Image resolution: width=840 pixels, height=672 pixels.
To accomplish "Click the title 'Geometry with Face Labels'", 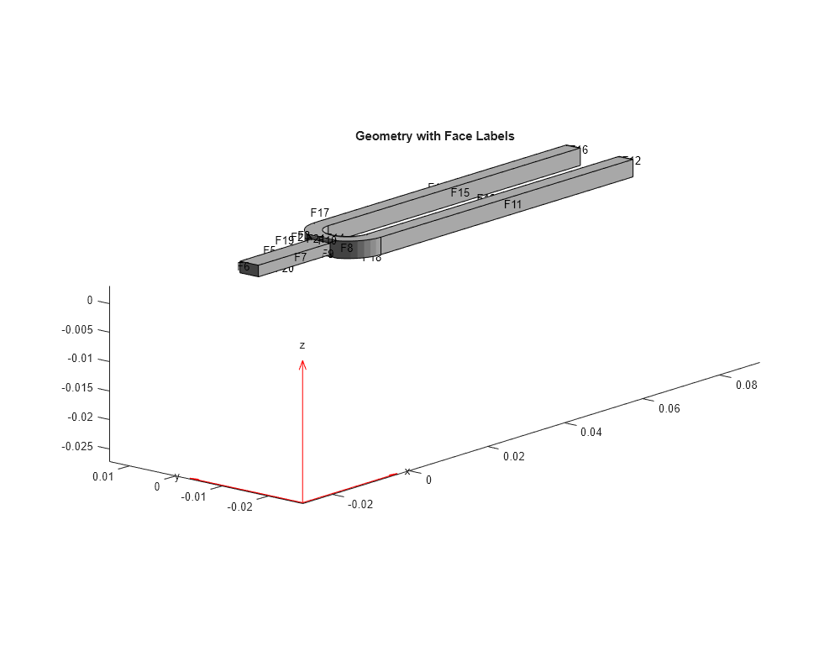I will tap(434, 135).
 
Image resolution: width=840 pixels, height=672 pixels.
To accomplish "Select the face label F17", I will tap(320, 213).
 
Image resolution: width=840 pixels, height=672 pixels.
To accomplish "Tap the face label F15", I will tap(459, 192).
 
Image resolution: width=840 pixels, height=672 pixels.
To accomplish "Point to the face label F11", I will tap(512, 204).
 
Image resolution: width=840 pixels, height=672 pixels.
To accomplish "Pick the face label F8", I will tap(347, 248).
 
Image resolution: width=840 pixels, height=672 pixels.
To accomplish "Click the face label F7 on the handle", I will tap(300, 257).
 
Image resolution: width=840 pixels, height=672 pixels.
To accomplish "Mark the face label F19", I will tap(284, 240).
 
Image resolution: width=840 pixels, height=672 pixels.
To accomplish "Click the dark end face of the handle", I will tap(248, 268).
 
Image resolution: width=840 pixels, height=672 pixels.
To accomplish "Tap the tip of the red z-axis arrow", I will tap(302, 362).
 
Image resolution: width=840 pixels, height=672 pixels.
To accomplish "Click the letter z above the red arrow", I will tap(302, 345).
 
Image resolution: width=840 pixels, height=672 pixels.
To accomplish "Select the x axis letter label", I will tap(407, 471).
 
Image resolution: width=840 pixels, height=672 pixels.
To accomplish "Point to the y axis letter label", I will tap(176, 477).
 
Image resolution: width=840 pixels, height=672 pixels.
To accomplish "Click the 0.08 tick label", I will tap(746, 385).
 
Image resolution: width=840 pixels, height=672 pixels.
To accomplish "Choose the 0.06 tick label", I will tap(669, 408).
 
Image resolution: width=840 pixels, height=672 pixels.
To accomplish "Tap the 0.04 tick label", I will tap(592, 432).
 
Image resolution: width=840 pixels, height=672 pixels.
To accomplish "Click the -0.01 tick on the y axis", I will tap(194, 496).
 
